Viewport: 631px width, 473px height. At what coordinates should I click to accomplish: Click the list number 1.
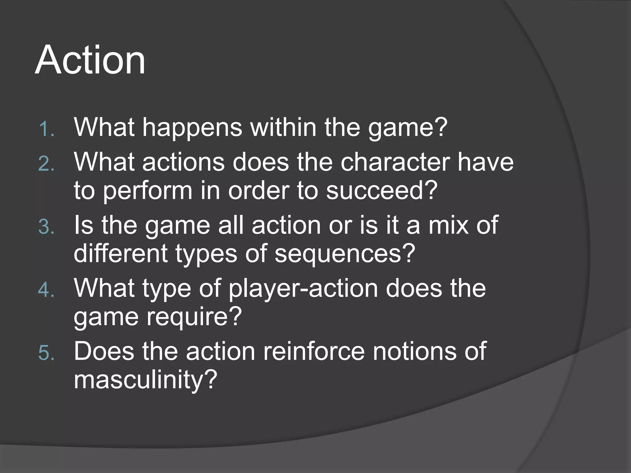(x=47, y=129)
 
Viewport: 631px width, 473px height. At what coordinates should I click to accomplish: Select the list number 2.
(x=47, y=164)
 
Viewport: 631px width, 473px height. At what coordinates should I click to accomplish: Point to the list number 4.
(x=47, y=290)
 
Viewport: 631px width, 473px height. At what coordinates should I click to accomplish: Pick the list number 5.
(x=47, y=353)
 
